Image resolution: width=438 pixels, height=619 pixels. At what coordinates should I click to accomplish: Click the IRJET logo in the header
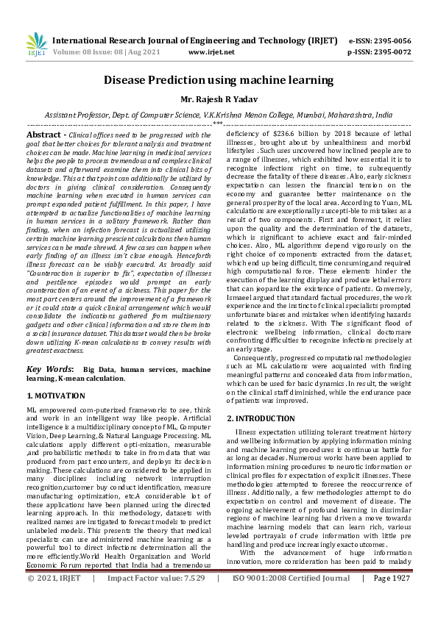click(35, 46)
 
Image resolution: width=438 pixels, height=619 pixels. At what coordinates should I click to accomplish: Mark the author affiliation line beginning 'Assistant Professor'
click(219, 115)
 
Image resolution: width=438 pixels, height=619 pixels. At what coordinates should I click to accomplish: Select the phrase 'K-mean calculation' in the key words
click(93, 378)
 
